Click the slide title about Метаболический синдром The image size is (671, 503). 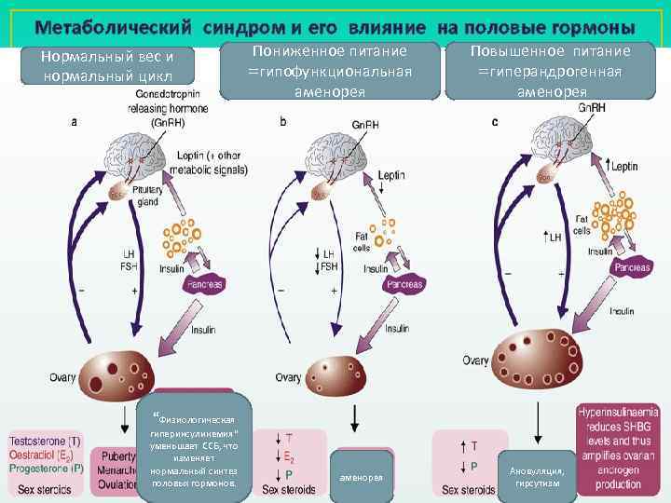pos(335,27)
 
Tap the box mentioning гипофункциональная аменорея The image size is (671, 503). pos(330,70)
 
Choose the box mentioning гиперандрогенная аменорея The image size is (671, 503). pos(552,70)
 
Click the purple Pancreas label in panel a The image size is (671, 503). pos(206,284)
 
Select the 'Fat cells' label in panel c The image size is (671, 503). pos(582,224)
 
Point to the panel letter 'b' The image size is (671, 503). pos(283,121)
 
